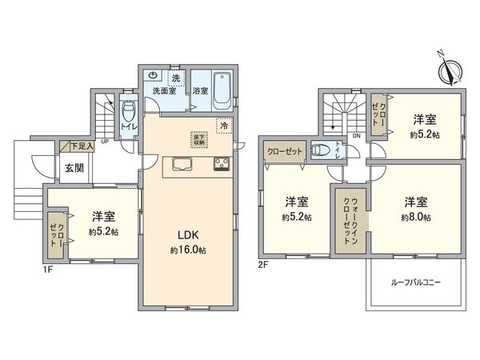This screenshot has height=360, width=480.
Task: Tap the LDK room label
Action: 187,234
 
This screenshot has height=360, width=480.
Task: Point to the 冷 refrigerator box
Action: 225,126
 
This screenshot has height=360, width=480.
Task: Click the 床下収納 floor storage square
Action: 197,138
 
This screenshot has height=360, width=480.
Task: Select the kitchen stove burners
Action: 221,166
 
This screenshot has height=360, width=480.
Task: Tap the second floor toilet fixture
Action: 322,150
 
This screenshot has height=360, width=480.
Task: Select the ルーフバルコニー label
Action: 415,283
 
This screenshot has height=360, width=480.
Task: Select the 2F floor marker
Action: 263,263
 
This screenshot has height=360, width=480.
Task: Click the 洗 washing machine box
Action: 175,78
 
